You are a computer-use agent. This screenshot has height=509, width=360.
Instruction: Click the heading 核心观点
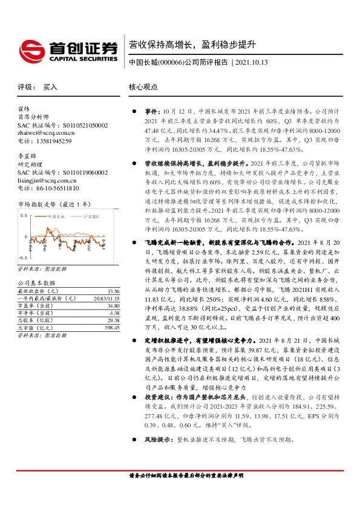click(x=143, y=87)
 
